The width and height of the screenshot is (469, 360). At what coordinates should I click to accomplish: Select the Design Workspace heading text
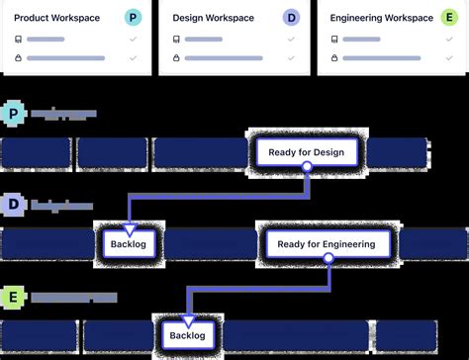[213, 18]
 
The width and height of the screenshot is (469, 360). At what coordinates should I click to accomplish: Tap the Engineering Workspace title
[381, 18]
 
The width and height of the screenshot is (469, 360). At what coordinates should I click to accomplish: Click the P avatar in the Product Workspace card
[134, 18]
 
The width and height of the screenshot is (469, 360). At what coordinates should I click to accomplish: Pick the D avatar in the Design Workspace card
[291, 18]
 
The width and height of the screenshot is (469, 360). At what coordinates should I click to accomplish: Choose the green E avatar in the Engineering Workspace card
[449, 18]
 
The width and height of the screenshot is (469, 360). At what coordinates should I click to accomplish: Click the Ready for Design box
[307, 152]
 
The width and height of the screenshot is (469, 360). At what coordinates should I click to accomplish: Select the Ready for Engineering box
[327, 244]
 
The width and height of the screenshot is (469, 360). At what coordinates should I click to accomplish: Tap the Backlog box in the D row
[128, 244]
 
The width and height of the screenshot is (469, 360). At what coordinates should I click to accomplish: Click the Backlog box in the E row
[186, 335]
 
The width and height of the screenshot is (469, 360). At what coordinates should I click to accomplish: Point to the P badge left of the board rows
[13, 116]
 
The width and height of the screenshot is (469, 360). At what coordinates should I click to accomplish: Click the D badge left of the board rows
[13, 207]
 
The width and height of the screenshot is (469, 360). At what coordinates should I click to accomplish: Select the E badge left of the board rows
[13, 298]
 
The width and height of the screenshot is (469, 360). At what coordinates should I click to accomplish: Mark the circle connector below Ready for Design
[307, 168]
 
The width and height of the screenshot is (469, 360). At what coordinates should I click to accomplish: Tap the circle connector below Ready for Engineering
[327, 260]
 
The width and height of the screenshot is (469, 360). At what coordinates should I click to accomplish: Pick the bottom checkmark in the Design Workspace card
[291, 58]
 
